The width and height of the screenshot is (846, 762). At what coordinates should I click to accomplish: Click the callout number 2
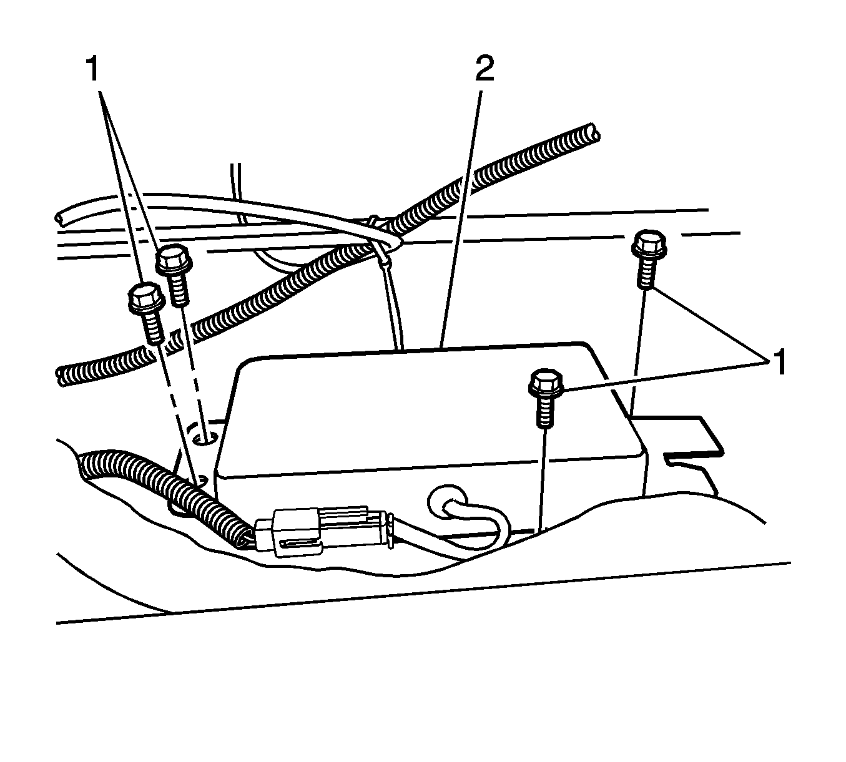(484, 69)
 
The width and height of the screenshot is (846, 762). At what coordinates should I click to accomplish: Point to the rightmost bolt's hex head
(649, 244)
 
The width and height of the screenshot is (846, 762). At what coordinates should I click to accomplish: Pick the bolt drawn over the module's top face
(546, 399)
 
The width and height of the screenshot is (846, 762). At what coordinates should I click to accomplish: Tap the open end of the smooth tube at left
(59, 218)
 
